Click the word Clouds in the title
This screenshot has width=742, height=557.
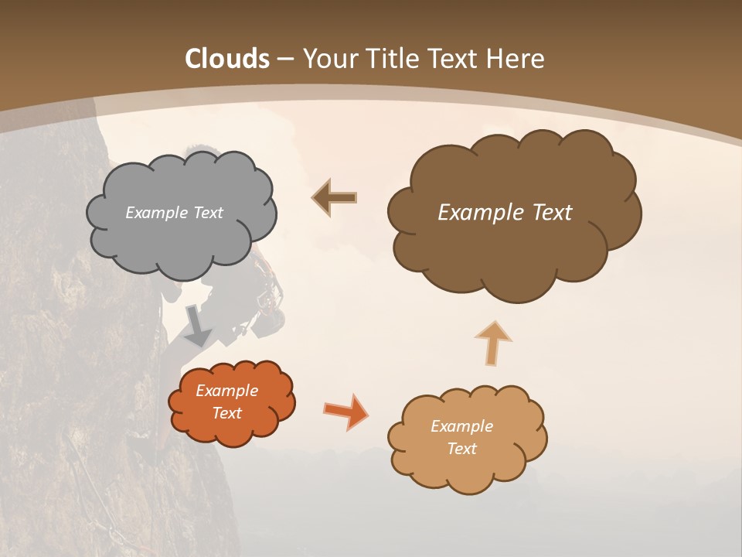point(227,59)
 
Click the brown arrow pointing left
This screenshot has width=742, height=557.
point(334,198)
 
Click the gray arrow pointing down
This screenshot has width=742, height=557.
point(198,326)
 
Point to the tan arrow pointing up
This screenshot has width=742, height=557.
point(492,343)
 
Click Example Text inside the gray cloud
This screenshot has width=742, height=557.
point(174,213)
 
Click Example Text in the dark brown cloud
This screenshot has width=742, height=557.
point(505,213)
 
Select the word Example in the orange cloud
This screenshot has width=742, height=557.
point(226,391)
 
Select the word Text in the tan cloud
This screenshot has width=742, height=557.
point(461,449)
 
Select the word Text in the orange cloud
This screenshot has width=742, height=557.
point(226,413)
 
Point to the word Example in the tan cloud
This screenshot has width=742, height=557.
point(461,426)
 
